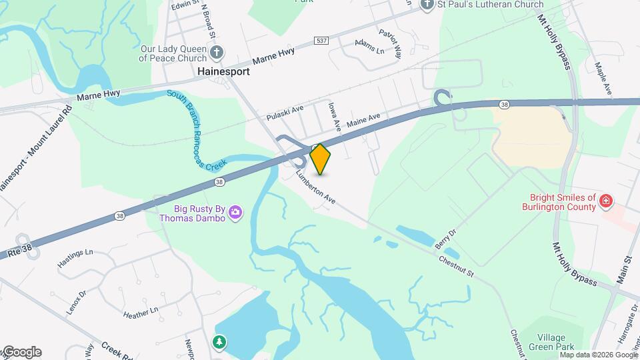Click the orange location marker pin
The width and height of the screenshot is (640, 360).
pos(321,159)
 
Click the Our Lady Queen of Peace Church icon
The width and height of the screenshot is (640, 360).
pos(215,53)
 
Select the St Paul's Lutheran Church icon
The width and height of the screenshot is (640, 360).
pos(428,5)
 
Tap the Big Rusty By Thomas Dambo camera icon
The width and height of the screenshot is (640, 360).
pos(235,213)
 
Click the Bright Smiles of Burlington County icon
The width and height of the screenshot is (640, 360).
pos(605,201)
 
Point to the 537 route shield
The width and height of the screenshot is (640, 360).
pos(322,41)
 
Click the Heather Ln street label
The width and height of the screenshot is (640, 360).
pos(140,311)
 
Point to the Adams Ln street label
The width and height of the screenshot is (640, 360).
pos(370,47)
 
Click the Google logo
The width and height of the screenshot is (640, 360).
pos(21,352)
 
